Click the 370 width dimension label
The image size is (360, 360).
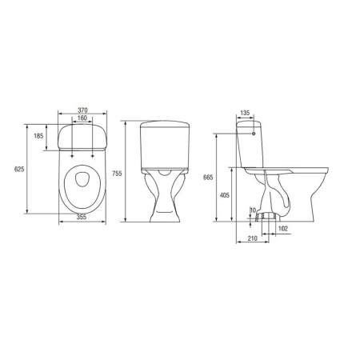[82, 110]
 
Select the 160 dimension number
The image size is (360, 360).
[82, 118]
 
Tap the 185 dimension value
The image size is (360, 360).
[38, 136]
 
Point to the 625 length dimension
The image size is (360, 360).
[19, 169]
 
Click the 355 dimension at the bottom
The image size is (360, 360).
[82, 217]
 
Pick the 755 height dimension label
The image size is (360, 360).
[117, 174]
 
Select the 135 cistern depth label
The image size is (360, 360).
[245, 113]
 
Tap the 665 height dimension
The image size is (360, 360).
[208, 177]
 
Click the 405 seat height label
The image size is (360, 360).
[224, 195]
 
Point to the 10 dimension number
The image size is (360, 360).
[253, 210]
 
